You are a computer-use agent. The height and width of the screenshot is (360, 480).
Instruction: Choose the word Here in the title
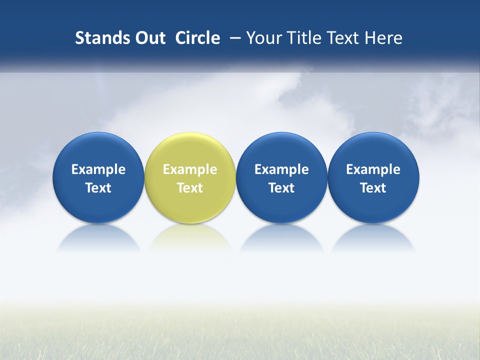(x=383, y=38)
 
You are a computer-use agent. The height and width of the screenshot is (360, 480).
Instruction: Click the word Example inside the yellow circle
(x=190, y=169)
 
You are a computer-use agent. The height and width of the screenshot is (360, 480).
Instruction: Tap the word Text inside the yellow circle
(x=190, y=188)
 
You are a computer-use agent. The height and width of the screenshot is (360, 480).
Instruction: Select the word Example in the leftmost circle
(x=98, y=169)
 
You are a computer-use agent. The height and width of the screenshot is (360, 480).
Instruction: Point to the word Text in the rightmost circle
(x=373, y=188)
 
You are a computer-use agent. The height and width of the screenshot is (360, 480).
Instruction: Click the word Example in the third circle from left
(x=281, y=169)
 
